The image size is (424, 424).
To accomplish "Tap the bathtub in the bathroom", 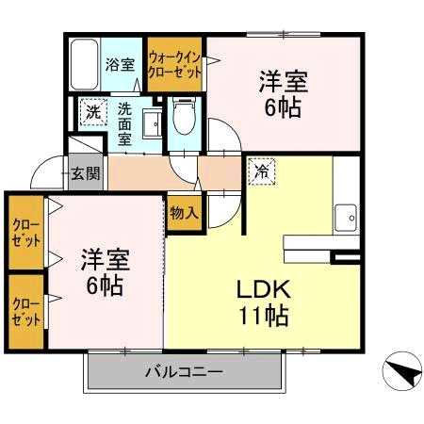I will click(x=85, y=64).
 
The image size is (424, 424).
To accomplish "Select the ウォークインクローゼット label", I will click(x=176, y=64).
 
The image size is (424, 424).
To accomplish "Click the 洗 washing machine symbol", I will click(x=92, y=111).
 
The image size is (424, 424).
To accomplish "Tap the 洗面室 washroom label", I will click(x=123, y=123).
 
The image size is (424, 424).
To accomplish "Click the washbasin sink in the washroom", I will click(x=150, y=122).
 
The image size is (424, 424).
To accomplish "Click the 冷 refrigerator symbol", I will click(x=259, y=171).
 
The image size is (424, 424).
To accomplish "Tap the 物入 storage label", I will click(x=184, y=213).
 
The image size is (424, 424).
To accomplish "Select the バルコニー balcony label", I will click(x=184, y=372).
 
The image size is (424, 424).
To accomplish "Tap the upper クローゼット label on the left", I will click(x=26, y=233).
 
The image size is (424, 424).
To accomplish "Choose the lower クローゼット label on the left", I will click(x=26, y=311).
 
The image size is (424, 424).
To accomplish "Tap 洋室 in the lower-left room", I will click(x=104, y=258).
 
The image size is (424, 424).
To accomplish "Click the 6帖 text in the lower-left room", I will click(x=105, y=285).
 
